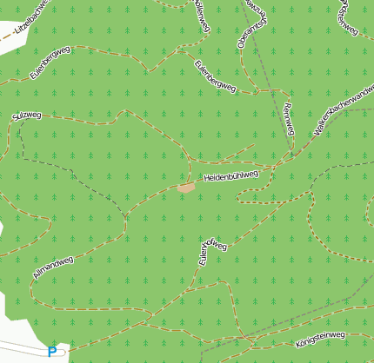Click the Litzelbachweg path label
(x=35, y=21)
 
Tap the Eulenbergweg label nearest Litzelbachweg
(x=50, y=63)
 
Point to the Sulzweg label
(x=26, y=115)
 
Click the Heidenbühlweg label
(x=231, y=176)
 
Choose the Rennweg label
(x=290, y=119)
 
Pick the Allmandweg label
(x=53, y=267)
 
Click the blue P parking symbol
(x=53, y=352)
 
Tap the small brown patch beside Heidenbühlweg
(x=185, y=187)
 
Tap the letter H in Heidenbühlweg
(x=207, y=180)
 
